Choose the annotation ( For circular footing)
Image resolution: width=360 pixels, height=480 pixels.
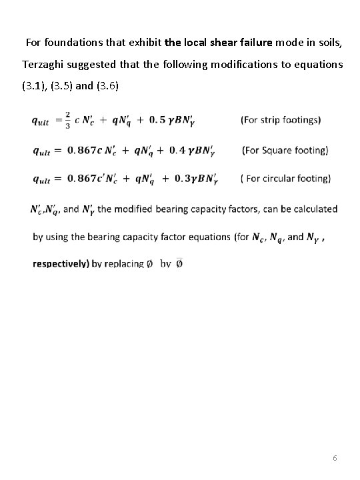point(285,179)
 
